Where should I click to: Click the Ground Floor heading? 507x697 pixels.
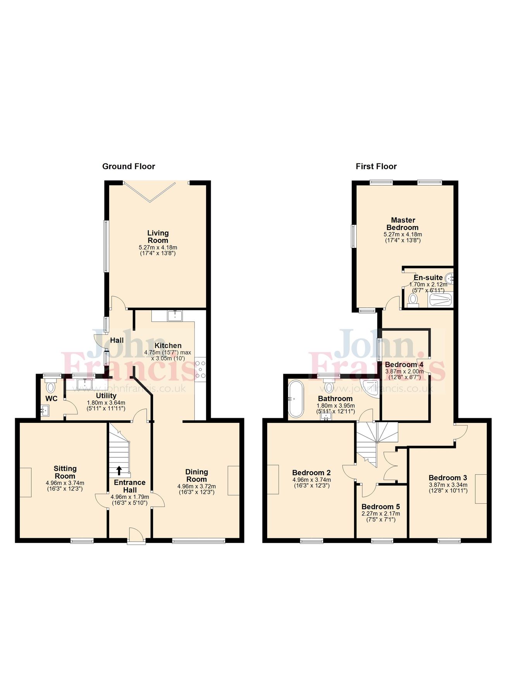coord(129,167)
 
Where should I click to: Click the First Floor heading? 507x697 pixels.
coord(376,167)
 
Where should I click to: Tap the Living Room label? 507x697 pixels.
coord(158,237)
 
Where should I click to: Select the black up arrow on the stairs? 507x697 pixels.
coord(119,470)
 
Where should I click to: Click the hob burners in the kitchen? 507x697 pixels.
coord(201,369)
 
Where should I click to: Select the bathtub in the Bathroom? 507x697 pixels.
coord(297,398)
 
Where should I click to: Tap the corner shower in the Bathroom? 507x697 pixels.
coord(372,388)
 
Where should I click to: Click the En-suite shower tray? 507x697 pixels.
coord(440,300)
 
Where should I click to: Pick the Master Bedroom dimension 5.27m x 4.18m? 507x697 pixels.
coord(403,234)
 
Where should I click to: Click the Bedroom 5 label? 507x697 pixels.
coord(381,507)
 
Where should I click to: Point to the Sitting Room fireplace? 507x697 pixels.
coord(26,482)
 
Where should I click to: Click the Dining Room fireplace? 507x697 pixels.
coord(234,480)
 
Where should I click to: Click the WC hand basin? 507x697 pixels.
coord(45,410)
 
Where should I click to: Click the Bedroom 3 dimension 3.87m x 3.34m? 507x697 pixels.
coord(448,485)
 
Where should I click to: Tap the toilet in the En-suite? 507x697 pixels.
coord(413,300)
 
